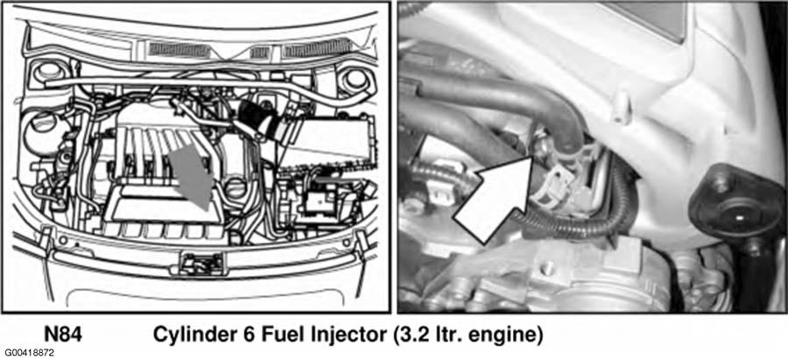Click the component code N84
pos(63,334)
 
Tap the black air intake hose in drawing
pos(261,122)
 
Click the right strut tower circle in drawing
pos(355,78)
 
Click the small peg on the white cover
pos(623,108)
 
